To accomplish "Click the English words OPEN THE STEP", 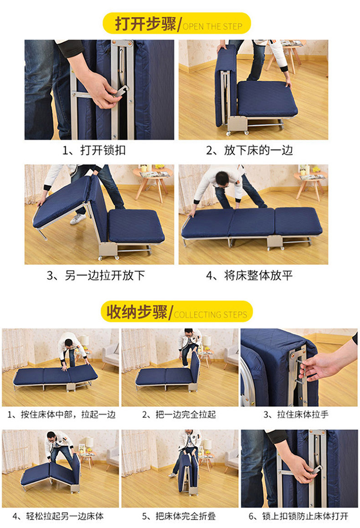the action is (x=212, y=26).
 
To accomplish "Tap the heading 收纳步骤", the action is (x=137, y=312).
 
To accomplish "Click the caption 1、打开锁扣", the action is (x=94, y=150).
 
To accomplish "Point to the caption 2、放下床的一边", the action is (x=250, y=150).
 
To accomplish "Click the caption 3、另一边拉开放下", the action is (x=96, y=275).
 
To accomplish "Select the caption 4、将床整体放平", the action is (x=249, y=275).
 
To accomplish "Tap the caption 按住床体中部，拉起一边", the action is (x=68, y=414).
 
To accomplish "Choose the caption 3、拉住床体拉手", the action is (x=296, y=414).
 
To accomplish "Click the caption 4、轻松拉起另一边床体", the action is (x=58, y=516).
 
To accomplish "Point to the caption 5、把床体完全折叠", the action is (x=179, y=516).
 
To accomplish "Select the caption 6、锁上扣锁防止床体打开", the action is (x=298, y=516).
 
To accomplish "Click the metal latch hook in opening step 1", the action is (x=120, y=92).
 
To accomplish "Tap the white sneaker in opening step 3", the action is (x=78, y=219).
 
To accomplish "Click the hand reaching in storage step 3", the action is (x=315, y=367).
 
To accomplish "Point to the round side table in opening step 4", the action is (x=311, y=184).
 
